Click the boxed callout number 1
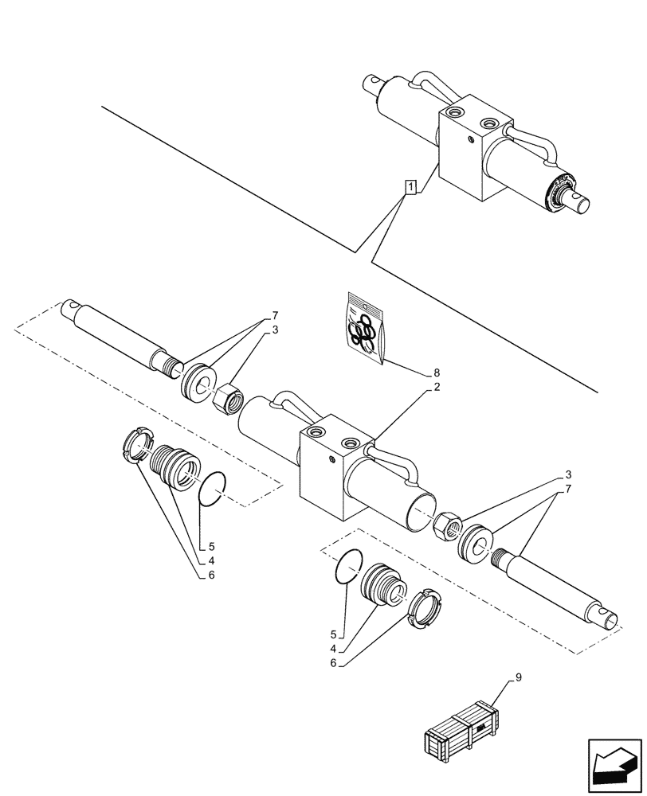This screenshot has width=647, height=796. pos(410,188)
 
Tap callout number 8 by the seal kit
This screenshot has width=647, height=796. pos(436,373)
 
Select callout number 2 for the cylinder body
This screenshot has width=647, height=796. pos(437,388)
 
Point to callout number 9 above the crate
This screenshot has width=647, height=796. pos(519,677)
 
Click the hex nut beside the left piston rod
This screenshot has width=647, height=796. pos(229,395)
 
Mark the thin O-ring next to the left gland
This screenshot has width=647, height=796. pos(213,489)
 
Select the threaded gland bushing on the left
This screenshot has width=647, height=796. pos(176,470)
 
